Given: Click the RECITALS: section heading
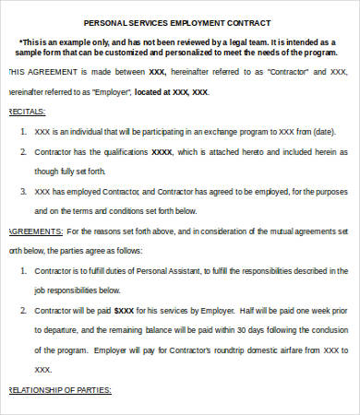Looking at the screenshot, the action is (26, 111).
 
